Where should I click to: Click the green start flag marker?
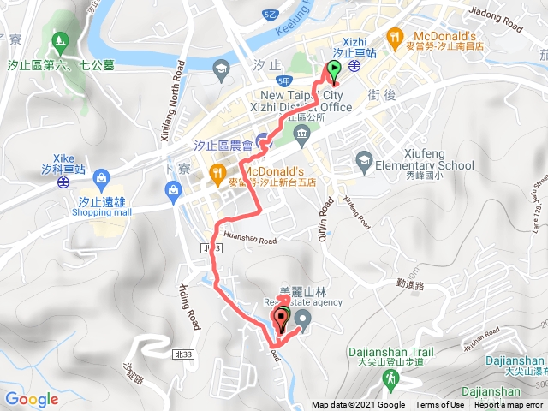point(332,74)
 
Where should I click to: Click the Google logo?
point(31,399)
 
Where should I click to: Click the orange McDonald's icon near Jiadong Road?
point(394,37)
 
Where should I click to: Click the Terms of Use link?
point(439,405)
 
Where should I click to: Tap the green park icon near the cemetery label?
point(59,39)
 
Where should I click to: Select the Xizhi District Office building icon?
point(301,134)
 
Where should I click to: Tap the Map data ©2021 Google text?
point(358,405)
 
